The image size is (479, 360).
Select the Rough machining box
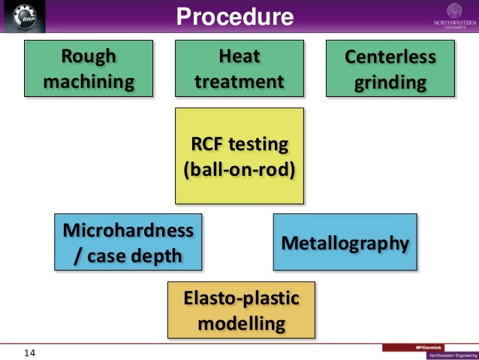click(x=89, y=69)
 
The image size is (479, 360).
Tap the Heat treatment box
click(x=239, y=69)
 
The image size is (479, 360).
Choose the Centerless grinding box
click(x=390, y=69)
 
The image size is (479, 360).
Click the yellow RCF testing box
click(x=239, y=156)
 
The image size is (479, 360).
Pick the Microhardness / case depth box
click(x=128, y=242)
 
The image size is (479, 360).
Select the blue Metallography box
click(x=345, y=243)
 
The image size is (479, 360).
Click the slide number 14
click(x=30, y=352)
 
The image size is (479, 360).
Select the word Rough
click(x=89, y=56)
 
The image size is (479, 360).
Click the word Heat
click(x=239, y=56)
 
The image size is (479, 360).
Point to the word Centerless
click(x=390, y=57)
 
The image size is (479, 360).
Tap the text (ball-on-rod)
click(x=239, y=168)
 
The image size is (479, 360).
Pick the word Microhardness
click(x=128, y=229)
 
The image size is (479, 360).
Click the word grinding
click(x=390, y=81)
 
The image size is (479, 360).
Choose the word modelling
click(x=241, y=324)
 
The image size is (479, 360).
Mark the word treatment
click(x=239, y=81)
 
